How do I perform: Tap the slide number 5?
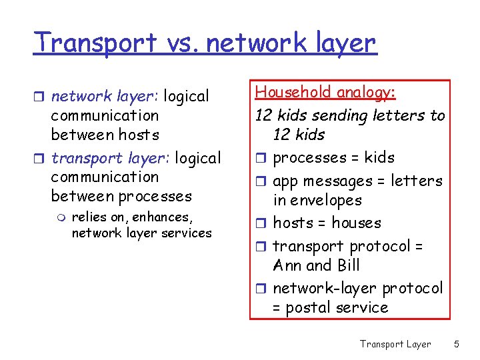coord(457,344)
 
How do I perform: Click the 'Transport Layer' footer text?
coord(395,344)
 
